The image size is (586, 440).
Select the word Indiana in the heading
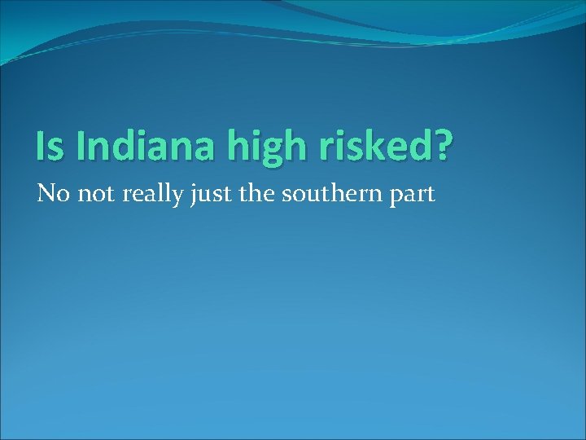click(x=138, y=146)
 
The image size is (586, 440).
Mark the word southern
click(x=330, y=195)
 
